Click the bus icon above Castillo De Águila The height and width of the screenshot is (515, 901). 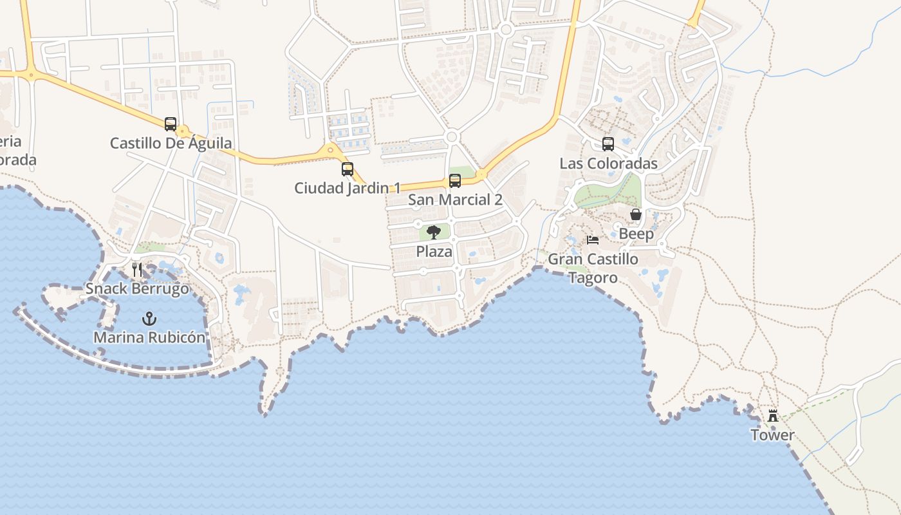click(171, 124)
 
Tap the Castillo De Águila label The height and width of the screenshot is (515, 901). click(171, 143)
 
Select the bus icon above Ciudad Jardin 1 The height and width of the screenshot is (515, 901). click(348, 169)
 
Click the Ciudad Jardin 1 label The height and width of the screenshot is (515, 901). click(348, 188)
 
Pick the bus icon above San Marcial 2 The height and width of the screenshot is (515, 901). click(455, 181)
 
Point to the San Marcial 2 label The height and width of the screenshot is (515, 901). click(455, 200)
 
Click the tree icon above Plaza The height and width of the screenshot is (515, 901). click(434, 232)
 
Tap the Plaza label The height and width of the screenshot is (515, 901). click(434, 252)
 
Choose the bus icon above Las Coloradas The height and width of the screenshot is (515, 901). click(608, 144)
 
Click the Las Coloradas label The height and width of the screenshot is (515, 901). click(608, 164)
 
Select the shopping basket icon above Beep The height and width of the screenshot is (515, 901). click(636, 214)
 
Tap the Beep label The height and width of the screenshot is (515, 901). click(636, 234)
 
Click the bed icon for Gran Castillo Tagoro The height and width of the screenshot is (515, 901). click(593, 240)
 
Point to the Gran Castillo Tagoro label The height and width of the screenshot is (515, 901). click(593, 268)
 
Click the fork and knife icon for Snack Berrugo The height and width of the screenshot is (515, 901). click(137, 269)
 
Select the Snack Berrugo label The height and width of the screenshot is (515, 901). click(137, 288)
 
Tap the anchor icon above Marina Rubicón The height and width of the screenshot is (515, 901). click(149, 318)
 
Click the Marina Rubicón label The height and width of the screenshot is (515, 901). click(149, 337)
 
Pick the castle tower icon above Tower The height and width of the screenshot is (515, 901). click(773, 415)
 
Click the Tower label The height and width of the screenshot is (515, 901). click(773, 435)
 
